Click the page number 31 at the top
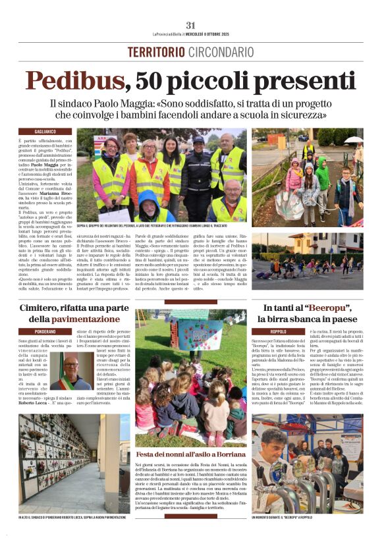191,25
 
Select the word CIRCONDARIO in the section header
221,51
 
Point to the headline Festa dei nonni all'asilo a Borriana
191,454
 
